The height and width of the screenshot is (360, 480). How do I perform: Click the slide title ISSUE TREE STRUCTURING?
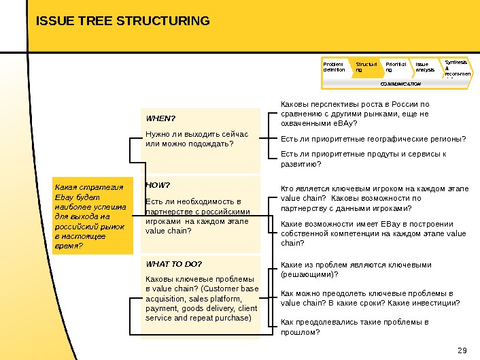(123, 22)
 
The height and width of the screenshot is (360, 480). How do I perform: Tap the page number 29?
(464, 350)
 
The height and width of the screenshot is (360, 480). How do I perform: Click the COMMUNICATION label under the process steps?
(400, 84)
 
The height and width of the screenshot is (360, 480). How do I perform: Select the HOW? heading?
(158, 184)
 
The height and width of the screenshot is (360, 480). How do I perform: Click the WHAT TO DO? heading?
(173, 263)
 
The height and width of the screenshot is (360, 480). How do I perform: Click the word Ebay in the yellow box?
(63, 197)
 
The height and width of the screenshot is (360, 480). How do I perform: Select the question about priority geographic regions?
(373, 139)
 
